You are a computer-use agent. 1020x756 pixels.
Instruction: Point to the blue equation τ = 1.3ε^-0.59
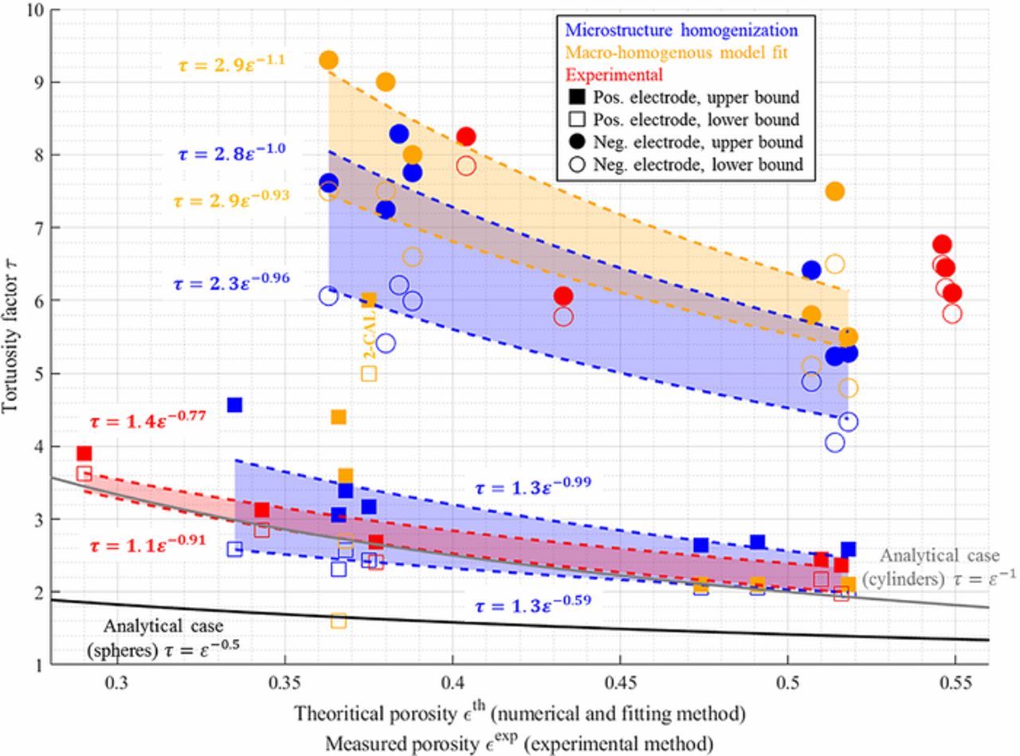[532, 604]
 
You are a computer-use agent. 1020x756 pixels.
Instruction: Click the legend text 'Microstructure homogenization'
[681, 31]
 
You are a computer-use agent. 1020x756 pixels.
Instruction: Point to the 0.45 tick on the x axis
[620, 684]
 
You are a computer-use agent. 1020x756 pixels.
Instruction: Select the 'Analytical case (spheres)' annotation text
[163, 638]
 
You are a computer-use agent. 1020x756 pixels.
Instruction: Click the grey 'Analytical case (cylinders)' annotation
[938, 568]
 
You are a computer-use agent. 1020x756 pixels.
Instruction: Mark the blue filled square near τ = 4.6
[234, 405]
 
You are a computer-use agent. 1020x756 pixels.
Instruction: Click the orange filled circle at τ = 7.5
[834, 191]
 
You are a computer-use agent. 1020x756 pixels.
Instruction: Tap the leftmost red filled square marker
[84, 453]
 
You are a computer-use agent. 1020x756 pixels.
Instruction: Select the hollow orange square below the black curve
[339, 621]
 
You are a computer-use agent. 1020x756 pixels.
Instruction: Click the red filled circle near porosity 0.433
[563, 296]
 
